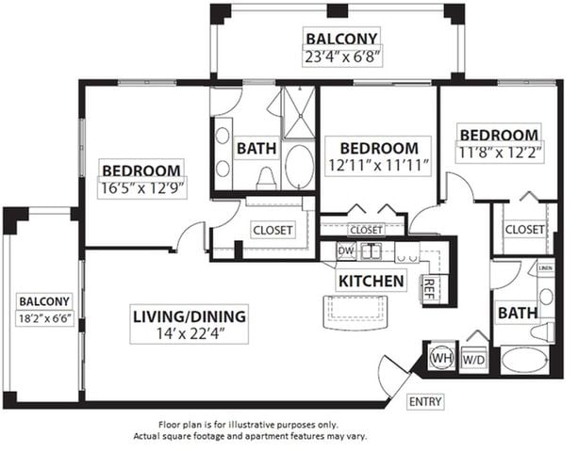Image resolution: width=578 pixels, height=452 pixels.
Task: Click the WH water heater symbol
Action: (442, 357)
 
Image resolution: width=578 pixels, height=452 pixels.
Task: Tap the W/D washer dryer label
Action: (473, 360)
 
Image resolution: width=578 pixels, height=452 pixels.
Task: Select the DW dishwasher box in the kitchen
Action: (346, 251)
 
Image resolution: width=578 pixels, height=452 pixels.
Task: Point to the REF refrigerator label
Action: (429, 288)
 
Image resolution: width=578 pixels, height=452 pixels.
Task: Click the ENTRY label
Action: (425, 401)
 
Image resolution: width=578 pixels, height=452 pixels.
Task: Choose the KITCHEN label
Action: (371, 282)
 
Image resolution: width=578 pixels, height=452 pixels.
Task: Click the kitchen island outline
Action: (355, 312)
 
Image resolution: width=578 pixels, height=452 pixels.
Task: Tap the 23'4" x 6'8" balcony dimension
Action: (342, 56)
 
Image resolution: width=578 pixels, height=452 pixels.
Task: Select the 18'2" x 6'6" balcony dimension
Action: (44, 318)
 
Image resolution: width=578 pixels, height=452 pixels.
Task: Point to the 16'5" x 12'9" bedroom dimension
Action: (142, 188)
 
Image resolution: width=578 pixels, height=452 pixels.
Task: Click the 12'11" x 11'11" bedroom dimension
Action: (379, 166)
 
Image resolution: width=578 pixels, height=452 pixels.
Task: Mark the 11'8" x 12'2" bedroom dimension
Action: (500, 152)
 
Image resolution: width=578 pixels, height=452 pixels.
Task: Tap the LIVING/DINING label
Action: (190, 316)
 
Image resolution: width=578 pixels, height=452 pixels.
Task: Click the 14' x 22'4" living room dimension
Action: (190, 334)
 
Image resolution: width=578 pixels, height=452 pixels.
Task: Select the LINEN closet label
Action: (546, 268)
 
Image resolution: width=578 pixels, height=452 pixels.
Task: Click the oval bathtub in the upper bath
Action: (300, 166)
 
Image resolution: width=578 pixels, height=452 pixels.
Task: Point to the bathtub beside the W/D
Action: (524, 361)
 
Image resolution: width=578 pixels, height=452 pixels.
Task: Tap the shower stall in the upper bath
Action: (299, 113)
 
